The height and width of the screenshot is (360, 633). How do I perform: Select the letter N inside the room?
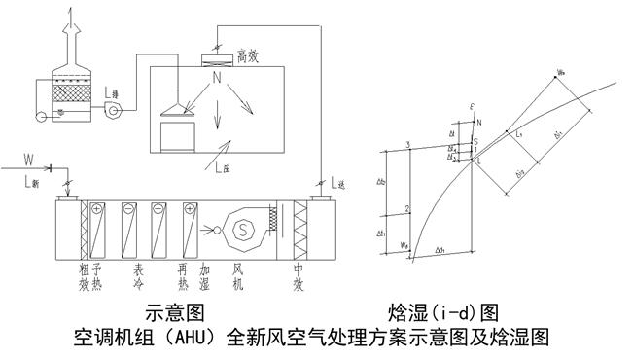tap(217, 77)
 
